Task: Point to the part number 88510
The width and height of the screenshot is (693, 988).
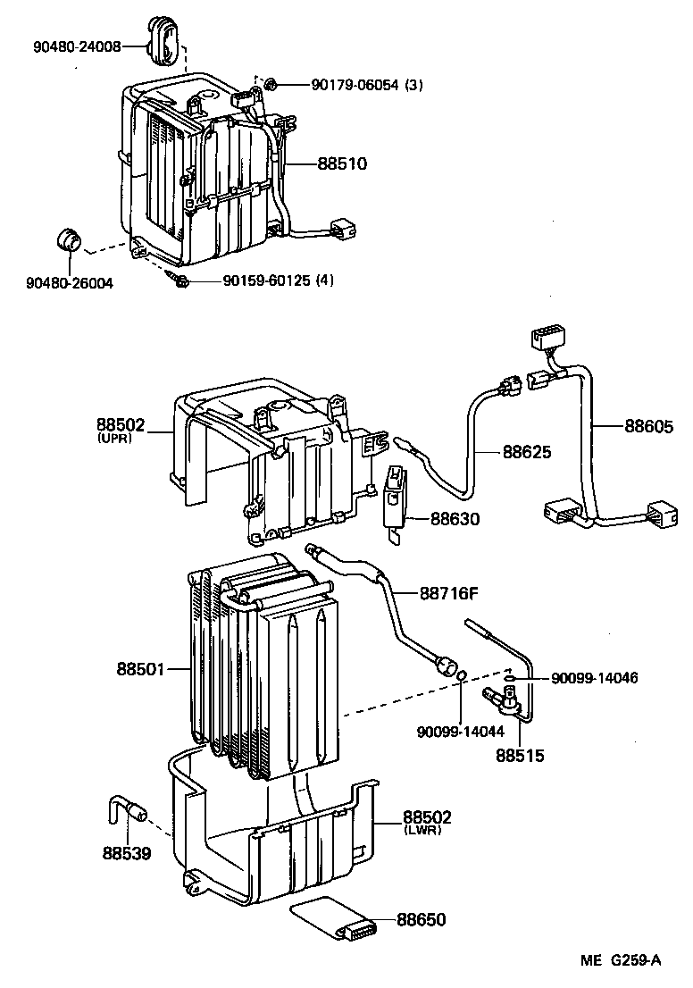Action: coord(342,163)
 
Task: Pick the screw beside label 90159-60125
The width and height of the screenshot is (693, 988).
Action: coord(178,280)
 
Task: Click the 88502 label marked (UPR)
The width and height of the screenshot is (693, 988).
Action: coord(121,427)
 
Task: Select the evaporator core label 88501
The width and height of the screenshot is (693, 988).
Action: coord(140,668)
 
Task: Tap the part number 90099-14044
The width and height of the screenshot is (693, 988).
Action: coord(460,733)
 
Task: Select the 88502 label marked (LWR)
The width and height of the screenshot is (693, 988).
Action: coord(427,816)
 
